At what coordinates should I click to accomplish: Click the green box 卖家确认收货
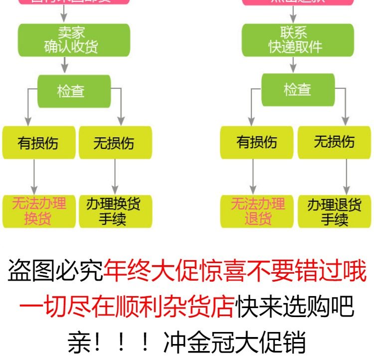pyautogui.click(x=74, y=40)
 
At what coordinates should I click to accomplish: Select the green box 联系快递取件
pyautogui.click(x=298, y=40)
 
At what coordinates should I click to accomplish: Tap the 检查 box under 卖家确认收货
pyautogui.click(x=74, y=91)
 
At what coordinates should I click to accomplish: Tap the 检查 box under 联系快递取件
pyautogui.click(x=298, y=90)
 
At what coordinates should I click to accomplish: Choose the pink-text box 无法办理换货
pyautogui.click(x=39, y=211)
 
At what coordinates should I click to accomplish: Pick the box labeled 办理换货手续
pyautogui.click(x=115, y=211)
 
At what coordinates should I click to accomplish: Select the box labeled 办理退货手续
pyautogui.click(x=335, y=211)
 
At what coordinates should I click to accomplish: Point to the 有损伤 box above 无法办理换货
pyautogui.click(x=39, y=143)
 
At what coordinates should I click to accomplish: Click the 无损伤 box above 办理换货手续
pyautogui.click(x=115, y=143)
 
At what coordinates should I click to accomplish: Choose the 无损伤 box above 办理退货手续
pyautogui.click(x=335, y=142)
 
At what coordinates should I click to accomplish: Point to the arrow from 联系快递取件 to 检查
pyautogui.click(x=294, y=64)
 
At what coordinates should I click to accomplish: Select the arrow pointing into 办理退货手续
pyautogui.click(x=334, y=177)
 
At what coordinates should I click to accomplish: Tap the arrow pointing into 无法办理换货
pyautogui.click(x=34, y=177)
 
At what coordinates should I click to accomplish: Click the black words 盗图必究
pyautogui.click(x=55, y=272)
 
